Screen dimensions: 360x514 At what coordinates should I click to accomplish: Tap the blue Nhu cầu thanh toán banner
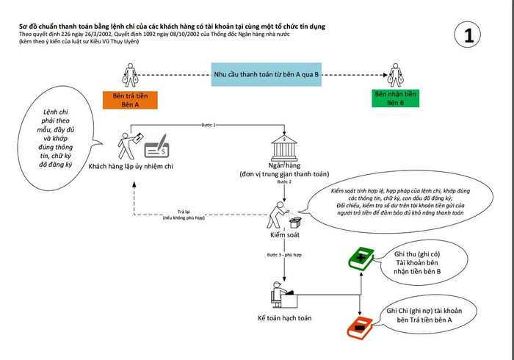pos(264,74)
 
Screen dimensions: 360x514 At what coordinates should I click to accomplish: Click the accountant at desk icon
pos(283,295)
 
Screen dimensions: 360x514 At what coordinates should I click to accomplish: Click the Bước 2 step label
pos(284,181)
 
